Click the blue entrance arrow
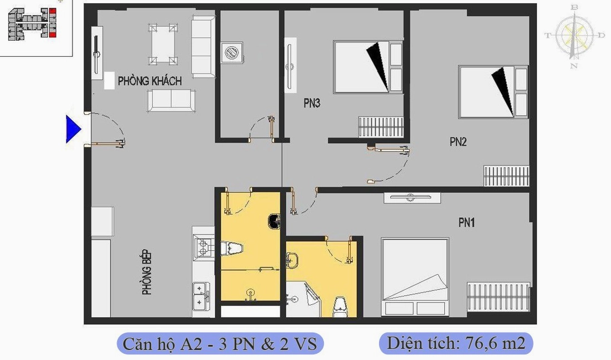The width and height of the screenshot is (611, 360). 73,129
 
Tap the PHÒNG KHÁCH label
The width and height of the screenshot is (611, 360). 150,81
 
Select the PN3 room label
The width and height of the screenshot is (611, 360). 312,103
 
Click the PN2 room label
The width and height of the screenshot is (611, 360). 458,142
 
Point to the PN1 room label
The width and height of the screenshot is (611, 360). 467,223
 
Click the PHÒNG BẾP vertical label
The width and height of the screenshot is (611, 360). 147,273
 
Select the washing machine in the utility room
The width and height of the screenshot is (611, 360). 230,52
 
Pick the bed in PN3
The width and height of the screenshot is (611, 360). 368,67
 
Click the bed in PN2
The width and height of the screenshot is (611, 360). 493,92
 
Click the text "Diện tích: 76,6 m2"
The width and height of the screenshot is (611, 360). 456,343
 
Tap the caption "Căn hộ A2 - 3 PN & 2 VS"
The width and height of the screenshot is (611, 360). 220,343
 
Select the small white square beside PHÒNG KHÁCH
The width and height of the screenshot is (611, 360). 109,81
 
